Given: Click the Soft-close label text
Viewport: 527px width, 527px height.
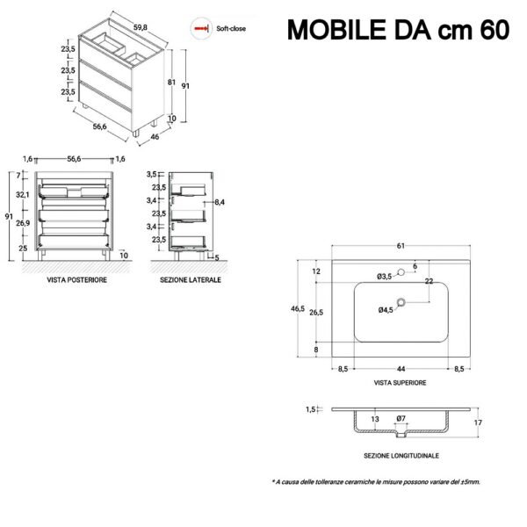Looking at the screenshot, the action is [231, 29].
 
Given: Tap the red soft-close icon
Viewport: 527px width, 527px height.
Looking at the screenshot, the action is [201, 29].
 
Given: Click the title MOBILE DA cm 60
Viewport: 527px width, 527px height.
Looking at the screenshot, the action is [398, 30].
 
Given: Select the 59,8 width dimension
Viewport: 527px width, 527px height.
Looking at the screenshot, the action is [141, 27].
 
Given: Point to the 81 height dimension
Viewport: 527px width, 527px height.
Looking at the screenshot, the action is [171, 82].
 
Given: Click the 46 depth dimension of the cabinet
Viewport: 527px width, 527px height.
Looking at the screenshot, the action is [155, 137].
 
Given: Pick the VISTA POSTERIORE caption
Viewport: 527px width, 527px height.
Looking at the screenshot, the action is [77, 279].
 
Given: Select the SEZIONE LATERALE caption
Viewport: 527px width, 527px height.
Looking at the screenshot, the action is [191, 279].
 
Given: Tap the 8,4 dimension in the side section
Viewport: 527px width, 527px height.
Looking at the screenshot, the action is [220, 202].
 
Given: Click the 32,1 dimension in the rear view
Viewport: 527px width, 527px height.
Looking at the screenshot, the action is [23, 195].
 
